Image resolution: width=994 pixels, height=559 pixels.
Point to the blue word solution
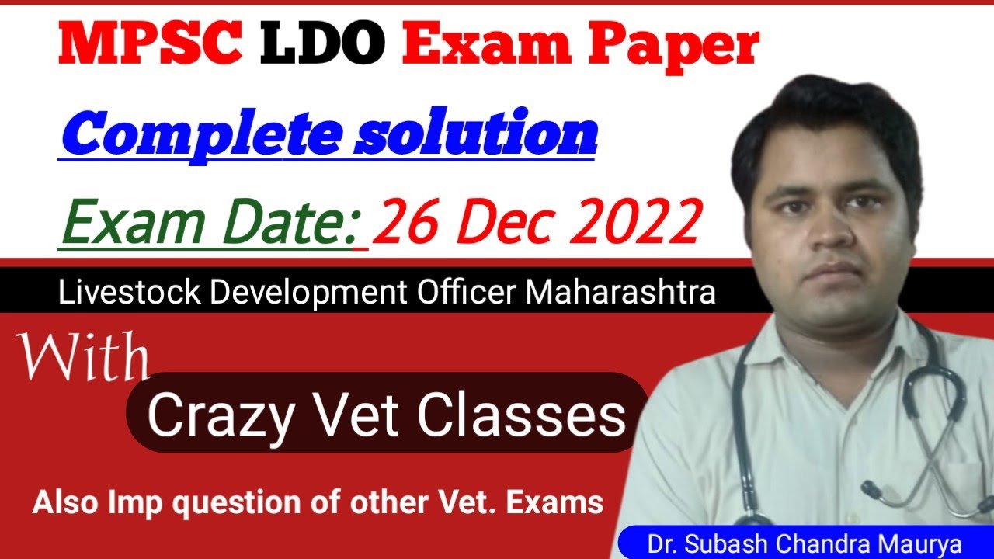click(475, 134)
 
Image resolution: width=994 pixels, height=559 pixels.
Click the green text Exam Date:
click(209, 222)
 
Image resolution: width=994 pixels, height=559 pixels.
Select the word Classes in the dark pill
click(520, 415)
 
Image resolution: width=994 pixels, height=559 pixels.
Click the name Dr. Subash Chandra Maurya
click(805, 543)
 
